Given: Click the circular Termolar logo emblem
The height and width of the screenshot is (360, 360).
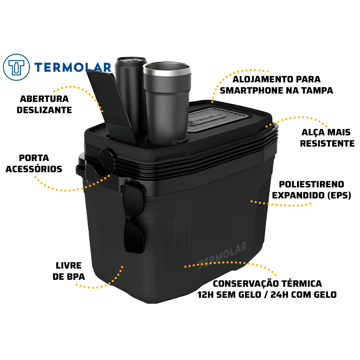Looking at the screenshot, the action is tap(16, 67).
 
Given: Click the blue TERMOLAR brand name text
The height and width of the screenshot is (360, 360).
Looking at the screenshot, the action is tap(73, 67).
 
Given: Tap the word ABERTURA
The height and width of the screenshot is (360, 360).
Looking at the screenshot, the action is tap(44, 99).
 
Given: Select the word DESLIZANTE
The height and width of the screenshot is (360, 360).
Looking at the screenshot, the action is tap(44, 110).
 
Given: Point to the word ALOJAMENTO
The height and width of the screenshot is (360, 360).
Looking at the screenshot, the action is tap(263, 79).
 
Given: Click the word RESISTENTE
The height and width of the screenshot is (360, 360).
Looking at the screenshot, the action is tap(327, 143).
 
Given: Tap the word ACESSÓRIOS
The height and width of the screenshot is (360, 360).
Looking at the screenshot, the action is tap(34, 169).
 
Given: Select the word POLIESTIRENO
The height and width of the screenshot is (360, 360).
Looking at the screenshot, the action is tap(311, 184).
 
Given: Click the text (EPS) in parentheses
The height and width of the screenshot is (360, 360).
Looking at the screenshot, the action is tap(339, 195).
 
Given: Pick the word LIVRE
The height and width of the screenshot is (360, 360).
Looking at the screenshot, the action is tap(69, 266).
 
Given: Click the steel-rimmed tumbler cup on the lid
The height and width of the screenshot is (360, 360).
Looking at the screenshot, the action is tap(167, 103).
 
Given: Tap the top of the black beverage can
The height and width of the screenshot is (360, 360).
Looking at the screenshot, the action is tap(131, 60).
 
